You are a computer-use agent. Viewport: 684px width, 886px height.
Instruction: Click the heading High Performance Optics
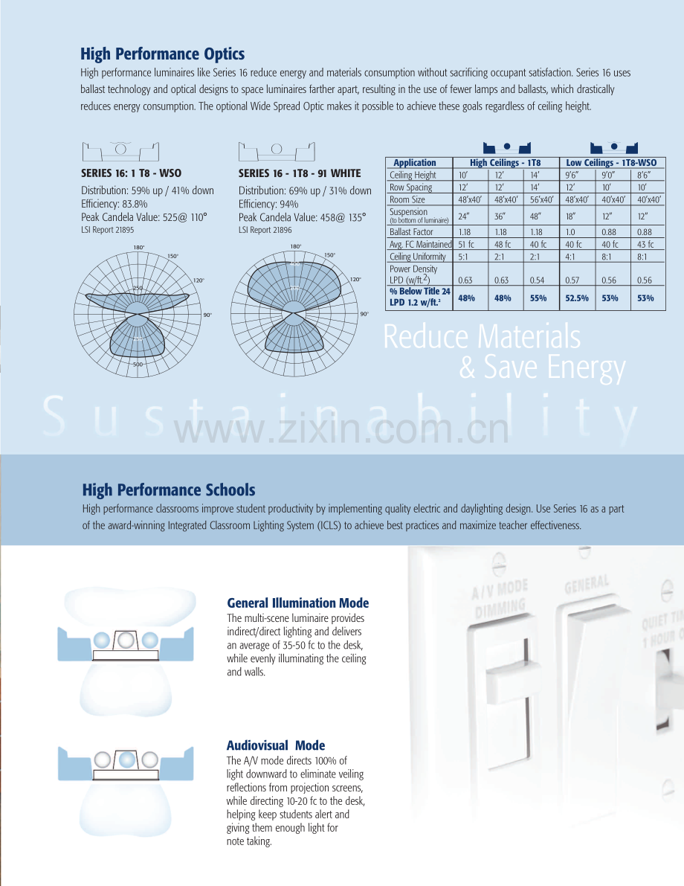(x=162, y=54)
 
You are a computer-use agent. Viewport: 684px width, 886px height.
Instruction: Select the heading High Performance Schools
(x=168, y=490)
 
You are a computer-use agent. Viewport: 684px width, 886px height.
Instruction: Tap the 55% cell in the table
(x=538, y=298)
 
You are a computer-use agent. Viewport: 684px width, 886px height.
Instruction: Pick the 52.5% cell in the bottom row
(x=577, y=298)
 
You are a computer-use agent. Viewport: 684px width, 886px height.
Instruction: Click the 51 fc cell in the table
(x=466, y=245)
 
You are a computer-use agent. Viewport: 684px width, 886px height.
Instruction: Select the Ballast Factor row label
(x=411, y=232)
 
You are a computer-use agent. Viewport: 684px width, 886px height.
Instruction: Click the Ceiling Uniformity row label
(x=417, y=257)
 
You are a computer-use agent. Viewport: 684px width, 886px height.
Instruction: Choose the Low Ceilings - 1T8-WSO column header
(x=611, y=163)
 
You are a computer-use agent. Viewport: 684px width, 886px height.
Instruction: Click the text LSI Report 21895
(x=107, y=230)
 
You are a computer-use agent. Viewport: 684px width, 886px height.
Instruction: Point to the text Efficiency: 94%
(x=268, y=204)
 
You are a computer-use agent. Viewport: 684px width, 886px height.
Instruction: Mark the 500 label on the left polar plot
(x=138, y=365)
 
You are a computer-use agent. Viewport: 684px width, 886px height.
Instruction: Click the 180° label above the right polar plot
(x=296, y=246)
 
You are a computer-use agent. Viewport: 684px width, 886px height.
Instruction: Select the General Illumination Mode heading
(x=297, y=603)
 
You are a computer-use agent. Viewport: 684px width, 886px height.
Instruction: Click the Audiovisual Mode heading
(x=276, y=745)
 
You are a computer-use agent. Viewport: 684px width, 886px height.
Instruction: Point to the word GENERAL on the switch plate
(x=587, y=584)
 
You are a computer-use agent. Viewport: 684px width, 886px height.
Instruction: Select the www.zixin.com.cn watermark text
(x=341, y=429)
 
